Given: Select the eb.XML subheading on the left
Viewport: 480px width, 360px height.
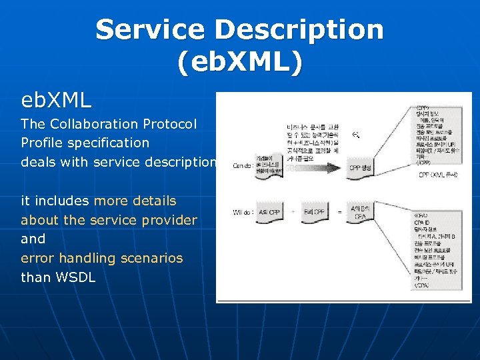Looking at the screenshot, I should point(56,101).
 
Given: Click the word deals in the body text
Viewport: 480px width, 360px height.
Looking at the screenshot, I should point(39,162).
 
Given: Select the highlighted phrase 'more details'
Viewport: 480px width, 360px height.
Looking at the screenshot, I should point(135,201).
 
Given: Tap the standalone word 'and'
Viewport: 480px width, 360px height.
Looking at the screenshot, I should point(33,239).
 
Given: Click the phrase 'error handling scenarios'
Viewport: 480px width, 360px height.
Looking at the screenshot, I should point(101,258).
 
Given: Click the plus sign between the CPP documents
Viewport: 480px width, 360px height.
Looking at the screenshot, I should point(294,212).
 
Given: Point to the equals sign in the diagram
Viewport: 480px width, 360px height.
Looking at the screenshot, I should point(339,212).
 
